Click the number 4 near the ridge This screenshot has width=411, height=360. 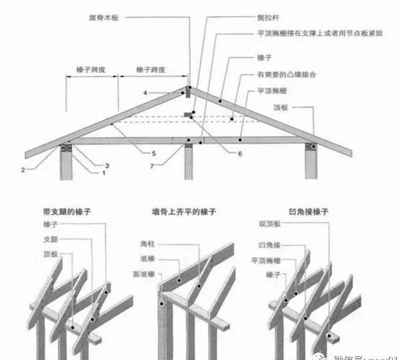coord(146,93)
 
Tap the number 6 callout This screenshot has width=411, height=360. coord(240,154)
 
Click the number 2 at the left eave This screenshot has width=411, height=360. coord(22,170)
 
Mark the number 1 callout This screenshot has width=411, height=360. coord(103,173)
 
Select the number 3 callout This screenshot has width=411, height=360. coord(107,165)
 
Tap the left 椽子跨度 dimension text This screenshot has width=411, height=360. coord(91,69)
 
